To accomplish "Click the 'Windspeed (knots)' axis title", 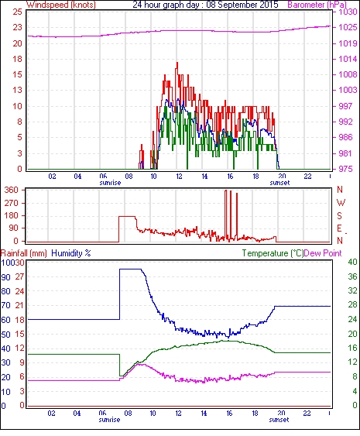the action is pyautogui.click(x=61, y=5).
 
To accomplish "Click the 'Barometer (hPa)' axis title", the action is pyautogui.click(x=317, y=5).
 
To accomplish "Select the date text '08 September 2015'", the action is pyautogui.click(x=242, y=5).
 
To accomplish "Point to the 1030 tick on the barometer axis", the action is pyautogui.click(x=348, y=12).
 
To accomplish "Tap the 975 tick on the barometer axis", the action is pyautogui.click(x=345, y=169).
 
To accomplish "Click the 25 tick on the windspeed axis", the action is pyautogui.click(x=17, y=12).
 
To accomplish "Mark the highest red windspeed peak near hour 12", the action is pyautogui.click(x=177, y=63).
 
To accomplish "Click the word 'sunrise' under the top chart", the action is pyautogui.click(x=110, y=183).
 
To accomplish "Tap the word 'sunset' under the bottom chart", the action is pyautogui.click(x=279, y=420).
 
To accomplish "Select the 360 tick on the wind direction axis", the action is pyautogui.click(x=12, y=191).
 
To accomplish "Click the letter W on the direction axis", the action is pyautogui.click(x=341, y=203).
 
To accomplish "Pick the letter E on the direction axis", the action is pyautogui.click(x=339, y=228).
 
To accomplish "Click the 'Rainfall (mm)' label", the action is pyautogui.click(x=24, y=253).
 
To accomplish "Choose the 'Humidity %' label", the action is pyautogui.click(x=71, y=253).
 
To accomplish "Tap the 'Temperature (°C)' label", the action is pyautogui.click(x=273, y=253).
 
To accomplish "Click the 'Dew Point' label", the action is pyautogui.click(x=323, y=253).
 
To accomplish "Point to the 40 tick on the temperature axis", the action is pyautogui.click(x=352, y=262).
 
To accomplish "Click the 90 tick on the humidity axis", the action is pyautogui.click(x=5, y=277).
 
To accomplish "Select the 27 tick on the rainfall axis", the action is pyautogui.click(x=20, y=276).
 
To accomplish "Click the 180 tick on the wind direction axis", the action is pyautogui.click(x=12, y=215).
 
